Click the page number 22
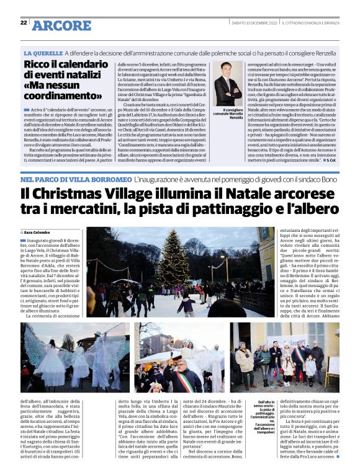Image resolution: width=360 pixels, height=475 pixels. tap(24, 22)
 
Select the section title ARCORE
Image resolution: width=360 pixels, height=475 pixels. tap(61, 25)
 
